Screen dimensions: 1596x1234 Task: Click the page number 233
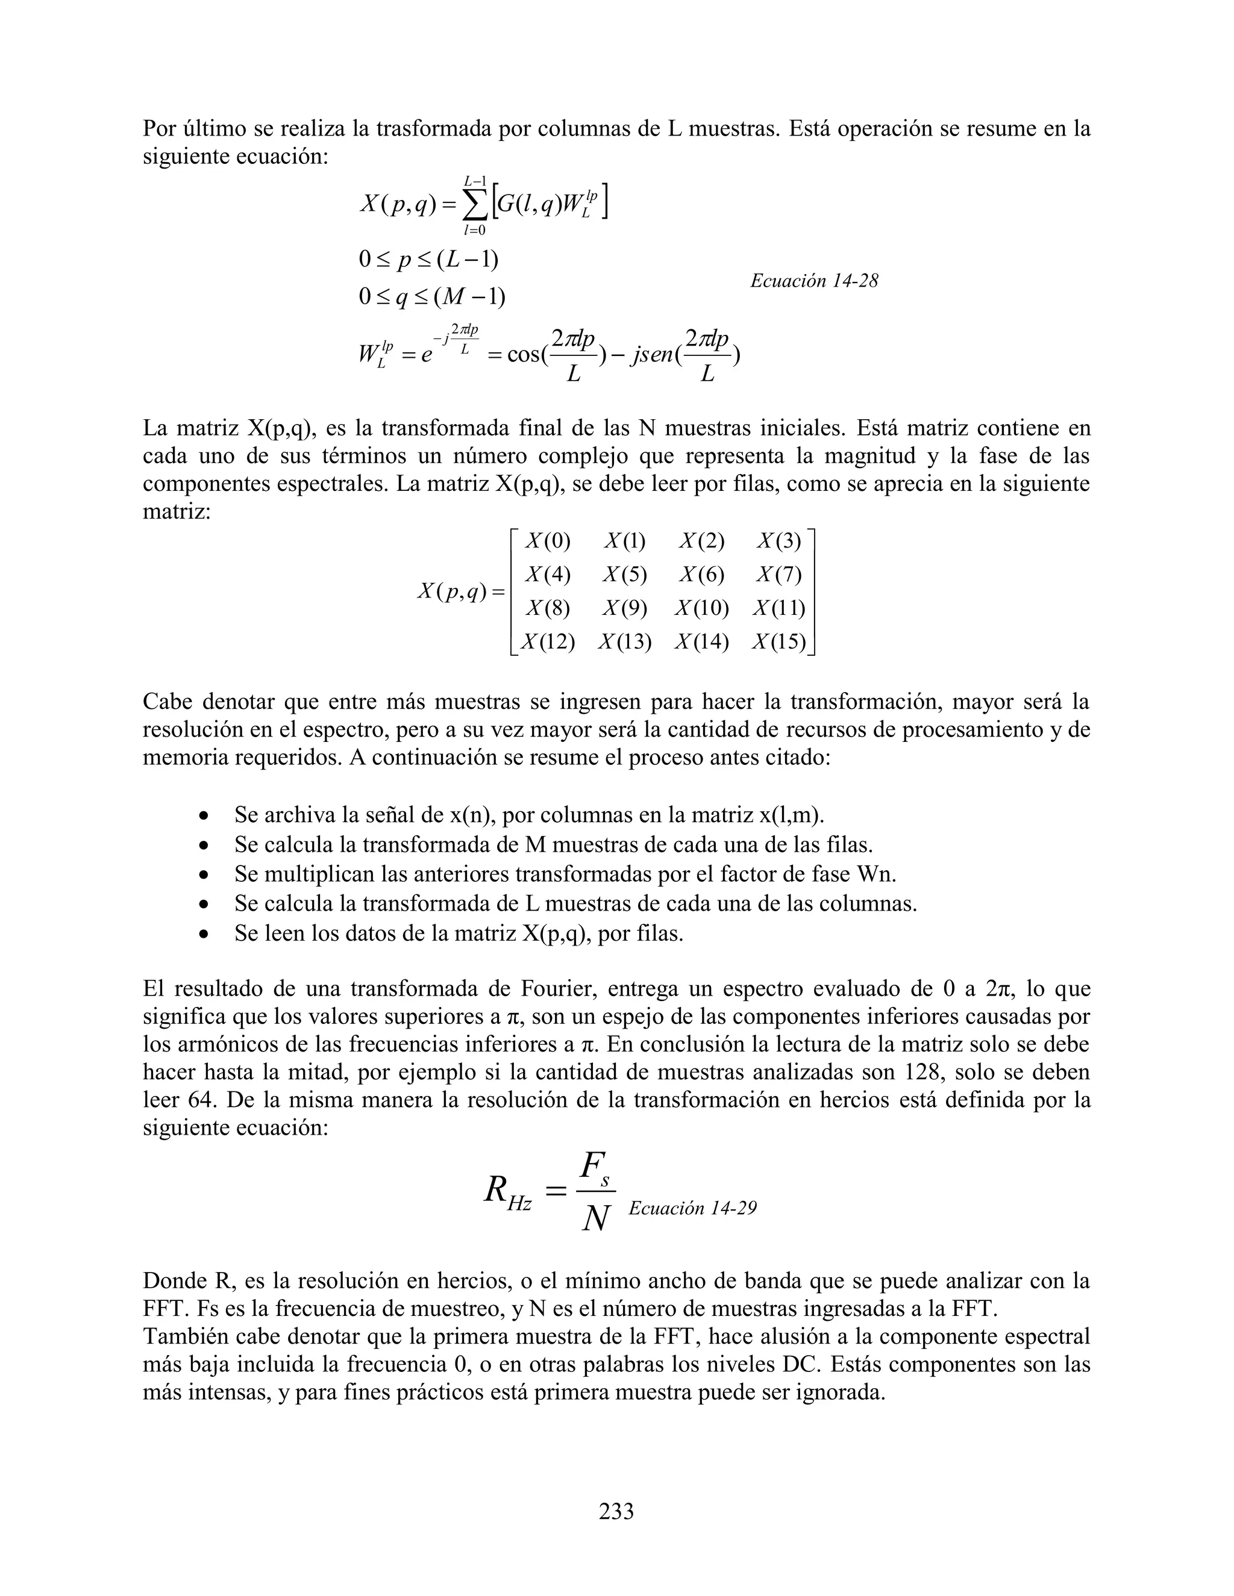[616, 1510]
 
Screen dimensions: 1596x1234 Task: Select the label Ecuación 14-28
[813, 281]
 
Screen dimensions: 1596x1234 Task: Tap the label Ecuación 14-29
[692, 1208]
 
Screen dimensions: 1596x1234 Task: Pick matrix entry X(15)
[779, 641]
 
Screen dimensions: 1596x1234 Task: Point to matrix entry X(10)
[702, 608]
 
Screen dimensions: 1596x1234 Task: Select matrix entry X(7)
[779, 575]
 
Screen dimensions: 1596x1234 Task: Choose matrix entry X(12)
[547, 641]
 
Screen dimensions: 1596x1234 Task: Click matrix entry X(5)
[625, 575]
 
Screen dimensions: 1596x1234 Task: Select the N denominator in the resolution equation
[596, 1218]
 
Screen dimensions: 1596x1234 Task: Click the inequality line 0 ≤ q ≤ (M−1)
[432, 297]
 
